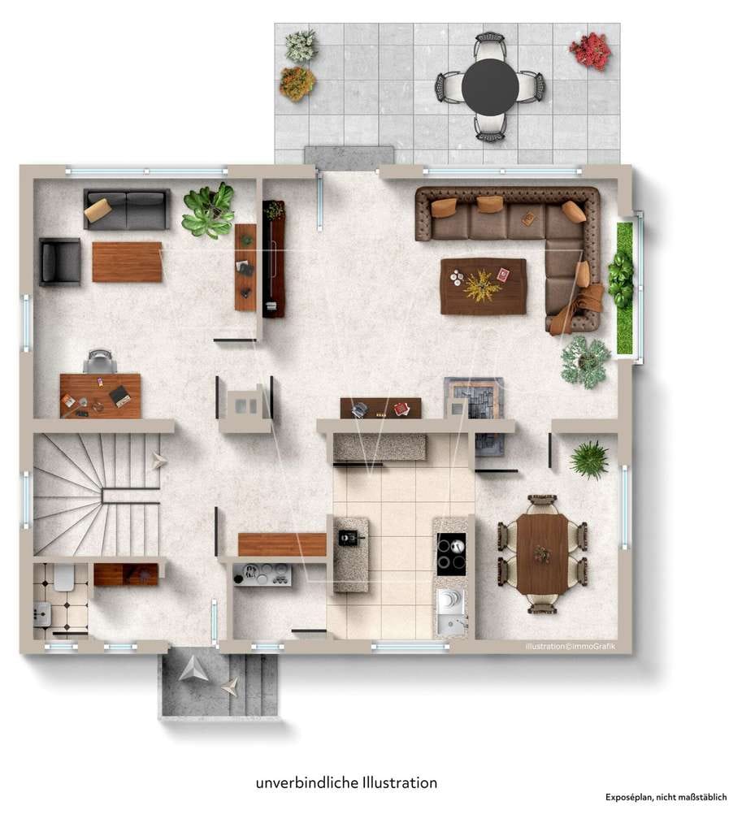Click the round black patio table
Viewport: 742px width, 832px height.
[489, 86]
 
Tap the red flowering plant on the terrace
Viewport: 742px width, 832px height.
[590, 50]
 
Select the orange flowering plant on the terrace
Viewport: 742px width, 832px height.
[297, 83]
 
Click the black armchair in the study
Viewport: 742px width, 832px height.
[60, 262]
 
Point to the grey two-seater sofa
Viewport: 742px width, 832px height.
[127, 209]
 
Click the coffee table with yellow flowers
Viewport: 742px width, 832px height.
[483, 287]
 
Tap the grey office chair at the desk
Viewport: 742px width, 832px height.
[100, 362]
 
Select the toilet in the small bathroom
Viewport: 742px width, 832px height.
[63, 578]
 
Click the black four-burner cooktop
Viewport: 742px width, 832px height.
[451, 554]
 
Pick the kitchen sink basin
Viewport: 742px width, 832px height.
[450, 613]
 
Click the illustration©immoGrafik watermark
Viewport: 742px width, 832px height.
[570, 646]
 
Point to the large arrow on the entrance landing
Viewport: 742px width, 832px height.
[193, 669]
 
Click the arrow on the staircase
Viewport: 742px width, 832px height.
[159, 461]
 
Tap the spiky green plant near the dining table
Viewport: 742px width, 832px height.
[589, 460]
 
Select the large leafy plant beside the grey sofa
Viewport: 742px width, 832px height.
[208, 210]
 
